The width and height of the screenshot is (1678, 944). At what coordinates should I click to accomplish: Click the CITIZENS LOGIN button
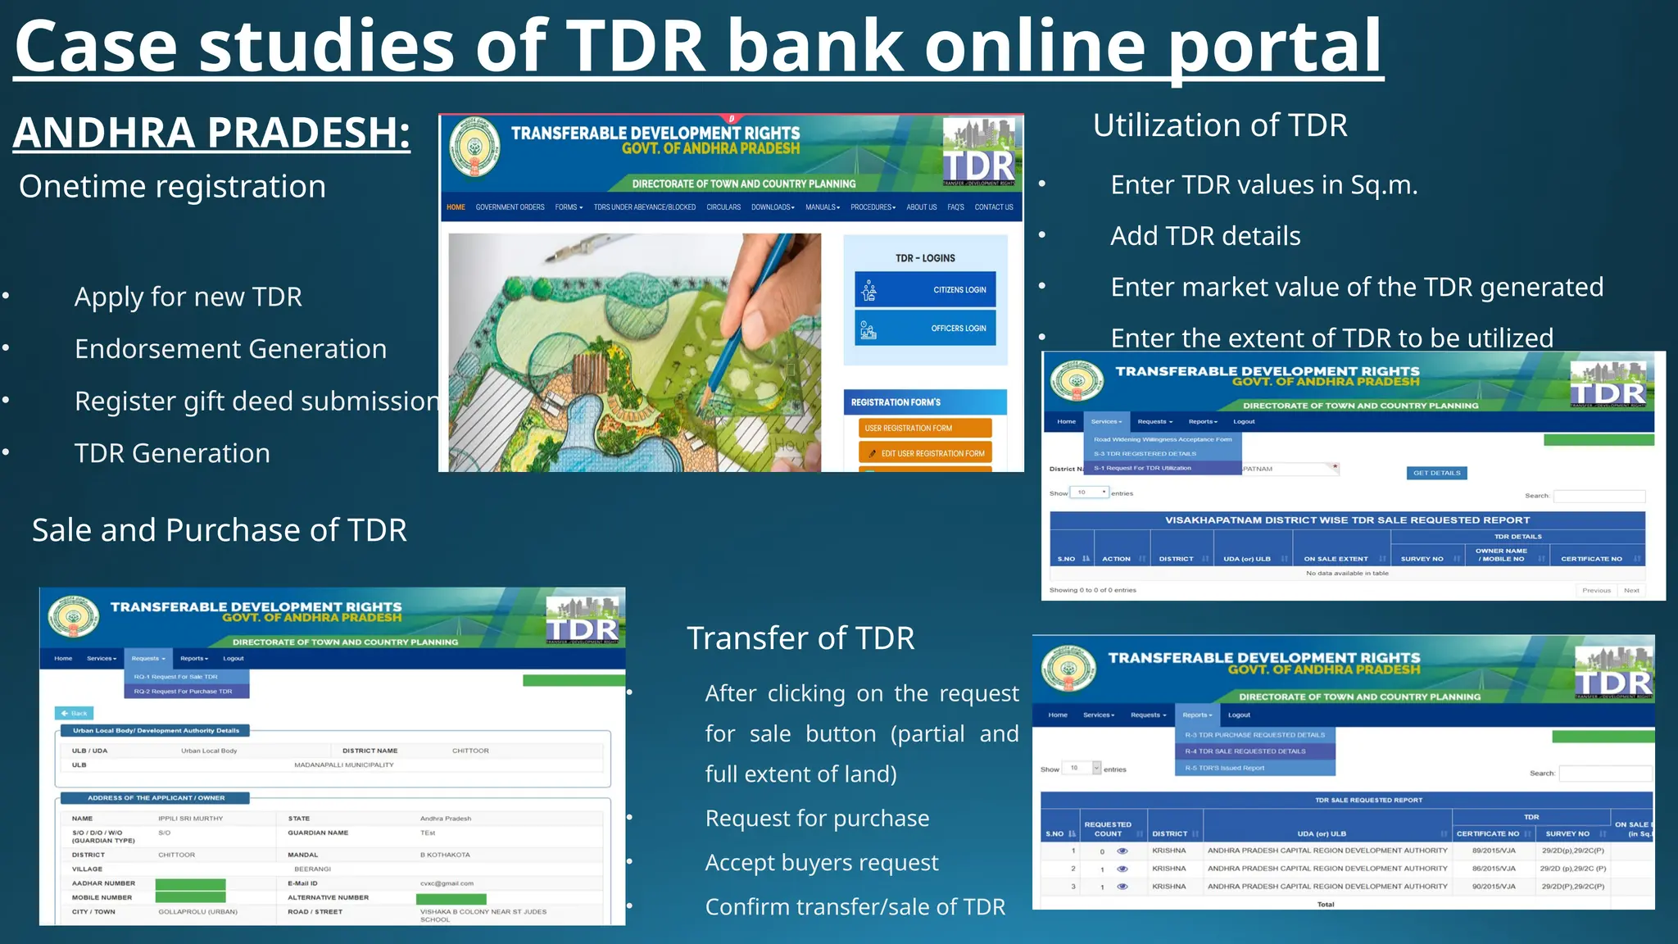point(925,290)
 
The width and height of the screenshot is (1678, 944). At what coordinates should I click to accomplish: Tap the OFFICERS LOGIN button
point(925,329)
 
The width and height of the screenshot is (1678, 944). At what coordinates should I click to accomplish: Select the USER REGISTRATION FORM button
point(925,428)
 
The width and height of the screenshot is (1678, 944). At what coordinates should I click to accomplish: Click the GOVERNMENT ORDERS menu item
point(510,207)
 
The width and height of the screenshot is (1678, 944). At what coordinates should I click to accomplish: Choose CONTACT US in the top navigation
point(993,207)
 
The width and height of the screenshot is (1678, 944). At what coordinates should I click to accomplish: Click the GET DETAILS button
point(1436,473)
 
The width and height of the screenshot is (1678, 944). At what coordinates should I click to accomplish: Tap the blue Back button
point(75,713)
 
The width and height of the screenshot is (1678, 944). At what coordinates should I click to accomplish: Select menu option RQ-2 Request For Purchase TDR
point(184,692)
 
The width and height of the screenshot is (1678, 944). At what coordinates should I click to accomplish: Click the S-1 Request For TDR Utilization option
point(1142,468)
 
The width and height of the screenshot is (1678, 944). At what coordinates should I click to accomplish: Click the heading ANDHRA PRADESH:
point(211,133)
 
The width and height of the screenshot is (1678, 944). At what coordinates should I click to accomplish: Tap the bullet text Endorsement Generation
point(230,349)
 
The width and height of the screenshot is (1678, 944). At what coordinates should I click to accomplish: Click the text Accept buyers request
point(822,862)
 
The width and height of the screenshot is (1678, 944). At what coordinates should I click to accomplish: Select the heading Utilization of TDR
point(1220,125)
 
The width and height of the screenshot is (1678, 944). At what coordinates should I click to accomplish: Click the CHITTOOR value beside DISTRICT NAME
point(470,751)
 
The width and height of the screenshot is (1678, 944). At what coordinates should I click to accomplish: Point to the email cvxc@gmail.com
point(447,883)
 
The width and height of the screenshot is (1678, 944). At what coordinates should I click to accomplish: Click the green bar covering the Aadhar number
point(190,884)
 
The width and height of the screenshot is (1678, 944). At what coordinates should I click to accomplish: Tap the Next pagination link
point(1631,590)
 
